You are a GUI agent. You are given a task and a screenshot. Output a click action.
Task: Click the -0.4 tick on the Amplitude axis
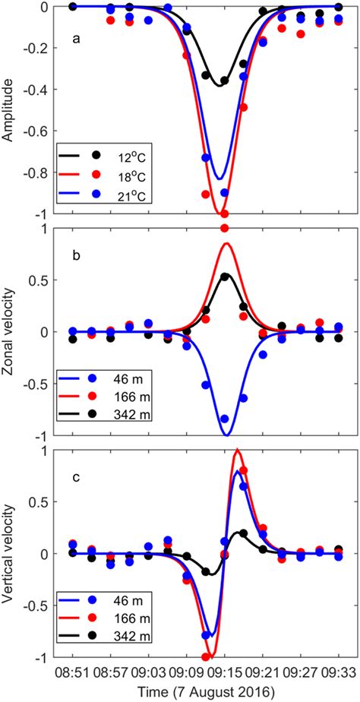point(40,89)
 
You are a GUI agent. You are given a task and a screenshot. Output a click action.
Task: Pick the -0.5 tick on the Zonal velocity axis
point(40,384)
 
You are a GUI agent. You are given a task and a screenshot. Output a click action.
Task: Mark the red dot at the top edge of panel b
point(225,228)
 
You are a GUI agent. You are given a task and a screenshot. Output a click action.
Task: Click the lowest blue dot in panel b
point(224,419)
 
